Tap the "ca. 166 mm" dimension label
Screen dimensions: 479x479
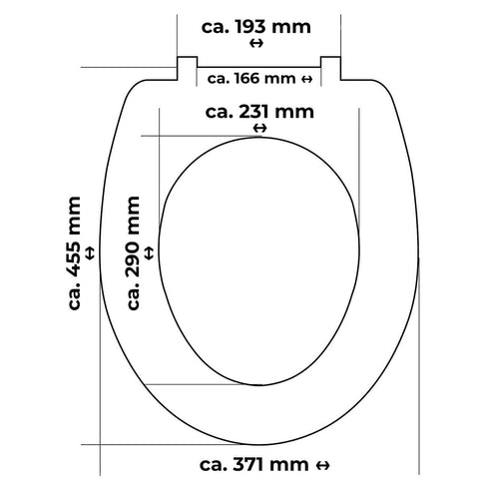[250, 78]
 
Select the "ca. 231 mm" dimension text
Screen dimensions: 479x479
[257, 112]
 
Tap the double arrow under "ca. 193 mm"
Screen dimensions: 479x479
[257, 44]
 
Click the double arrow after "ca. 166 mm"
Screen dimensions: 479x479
[306, 78]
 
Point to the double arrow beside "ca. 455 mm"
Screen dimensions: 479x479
[93, 253]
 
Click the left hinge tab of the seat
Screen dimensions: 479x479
[186, 69]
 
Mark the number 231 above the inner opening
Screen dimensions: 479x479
[255, 112]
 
